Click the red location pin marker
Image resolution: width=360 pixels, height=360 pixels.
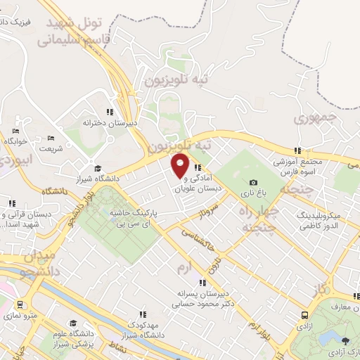[180, 167]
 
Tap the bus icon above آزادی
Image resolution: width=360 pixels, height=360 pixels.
[304, 316]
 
